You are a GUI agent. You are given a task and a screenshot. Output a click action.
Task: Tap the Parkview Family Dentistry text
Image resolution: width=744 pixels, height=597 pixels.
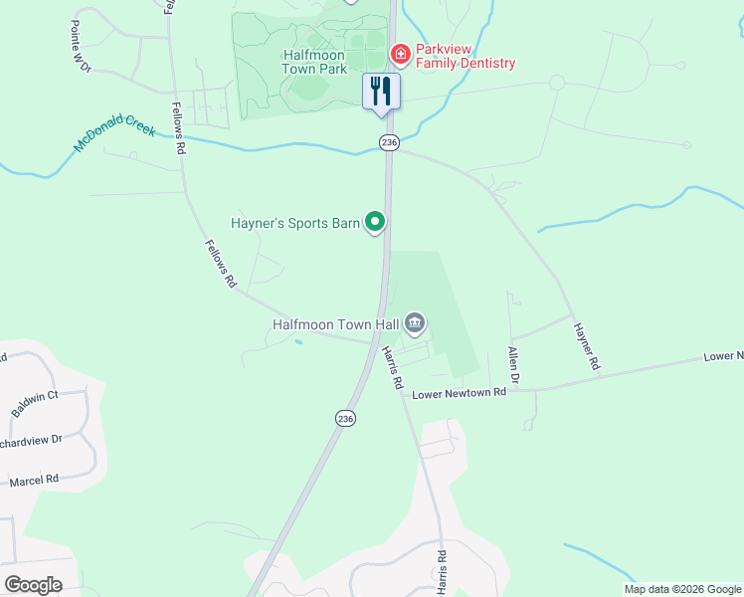(465, 56)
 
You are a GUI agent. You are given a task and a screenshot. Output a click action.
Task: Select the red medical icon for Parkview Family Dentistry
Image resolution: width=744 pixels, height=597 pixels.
(400, 52)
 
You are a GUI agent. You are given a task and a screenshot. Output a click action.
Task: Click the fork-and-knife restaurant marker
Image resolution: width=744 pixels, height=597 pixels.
(381, 92)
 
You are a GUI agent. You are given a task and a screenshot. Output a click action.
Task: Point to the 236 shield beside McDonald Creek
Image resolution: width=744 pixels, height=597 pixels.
(389, 143)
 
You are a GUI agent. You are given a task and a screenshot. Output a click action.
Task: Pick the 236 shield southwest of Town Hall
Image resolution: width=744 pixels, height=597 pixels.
(344, 420)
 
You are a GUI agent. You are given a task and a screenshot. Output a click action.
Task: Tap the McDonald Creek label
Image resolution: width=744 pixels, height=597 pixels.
(114, 133)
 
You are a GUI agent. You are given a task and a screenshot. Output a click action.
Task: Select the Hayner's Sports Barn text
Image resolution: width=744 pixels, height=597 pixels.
(294, 223)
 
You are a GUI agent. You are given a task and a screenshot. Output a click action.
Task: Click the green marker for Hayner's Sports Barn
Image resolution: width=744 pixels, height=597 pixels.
(375, 222)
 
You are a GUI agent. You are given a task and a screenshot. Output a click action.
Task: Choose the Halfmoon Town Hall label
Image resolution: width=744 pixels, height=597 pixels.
(336, 324)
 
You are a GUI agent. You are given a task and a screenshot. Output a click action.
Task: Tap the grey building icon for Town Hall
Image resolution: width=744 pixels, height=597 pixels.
(415, 322)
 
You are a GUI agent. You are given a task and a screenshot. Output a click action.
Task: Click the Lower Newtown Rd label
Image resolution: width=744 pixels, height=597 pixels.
(460, 392)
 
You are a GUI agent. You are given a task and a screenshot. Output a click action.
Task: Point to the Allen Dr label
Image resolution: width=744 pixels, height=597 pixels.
(513, 365)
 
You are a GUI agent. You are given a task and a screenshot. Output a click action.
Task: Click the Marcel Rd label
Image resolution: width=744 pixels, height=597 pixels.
(34, 480)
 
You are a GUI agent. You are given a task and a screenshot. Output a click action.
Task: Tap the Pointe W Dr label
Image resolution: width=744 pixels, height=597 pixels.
(80, 46)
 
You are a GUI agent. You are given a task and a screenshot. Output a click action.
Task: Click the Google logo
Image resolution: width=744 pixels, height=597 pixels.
(33, 585)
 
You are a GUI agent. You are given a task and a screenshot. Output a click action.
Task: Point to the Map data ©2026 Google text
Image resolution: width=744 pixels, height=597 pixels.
(681, 589)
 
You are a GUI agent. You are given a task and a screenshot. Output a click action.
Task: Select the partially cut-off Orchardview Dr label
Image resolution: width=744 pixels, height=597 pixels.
(30, 439)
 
